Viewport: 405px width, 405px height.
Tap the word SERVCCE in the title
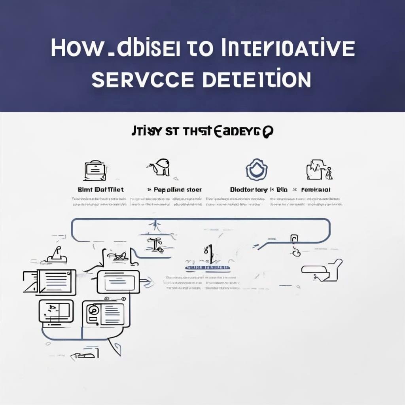(x=143, y=79)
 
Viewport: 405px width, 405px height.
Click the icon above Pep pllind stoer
(x=161, y=168)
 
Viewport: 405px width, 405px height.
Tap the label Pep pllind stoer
(x=177, y=190)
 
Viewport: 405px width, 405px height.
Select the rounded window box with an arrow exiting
(x=118, y=282)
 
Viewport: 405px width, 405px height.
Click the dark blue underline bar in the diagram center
(x=208, y=268)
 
